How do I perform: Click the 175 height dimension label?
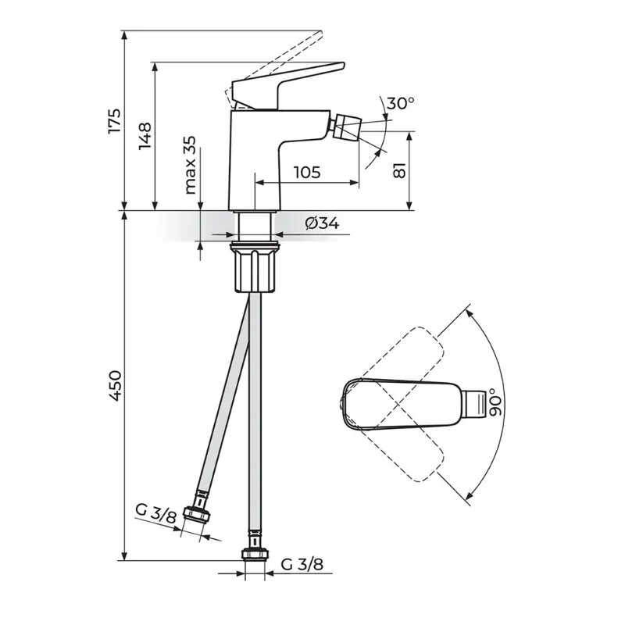(114, 120)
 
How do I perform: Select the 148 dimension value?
(145, 136)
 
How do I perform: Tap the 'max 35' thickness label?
(190, 165)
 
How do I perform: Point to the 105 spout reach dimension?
(307, 172)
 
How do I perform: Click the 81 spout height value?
(399, 170)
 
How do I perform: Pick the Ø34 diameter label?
(322, 223)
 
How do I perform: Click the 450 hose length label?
(114, 385)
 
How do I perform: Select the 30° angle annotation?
(400, 103)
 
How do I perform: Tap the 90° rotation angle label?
(495, 402)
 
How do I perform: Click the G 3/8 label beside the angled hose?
(155, 513)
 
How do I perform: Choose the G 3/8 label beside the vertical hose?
(302, 564)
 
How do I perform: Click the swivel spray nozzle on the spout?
(345, 127)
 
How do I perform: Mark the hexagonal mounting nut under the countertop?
(254, 270)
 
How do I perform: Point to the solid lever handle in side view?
(287, 85)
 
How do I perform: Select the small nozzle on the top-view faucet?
(475, 404)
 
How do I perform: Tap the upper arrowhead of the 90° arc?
(470, 315)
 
